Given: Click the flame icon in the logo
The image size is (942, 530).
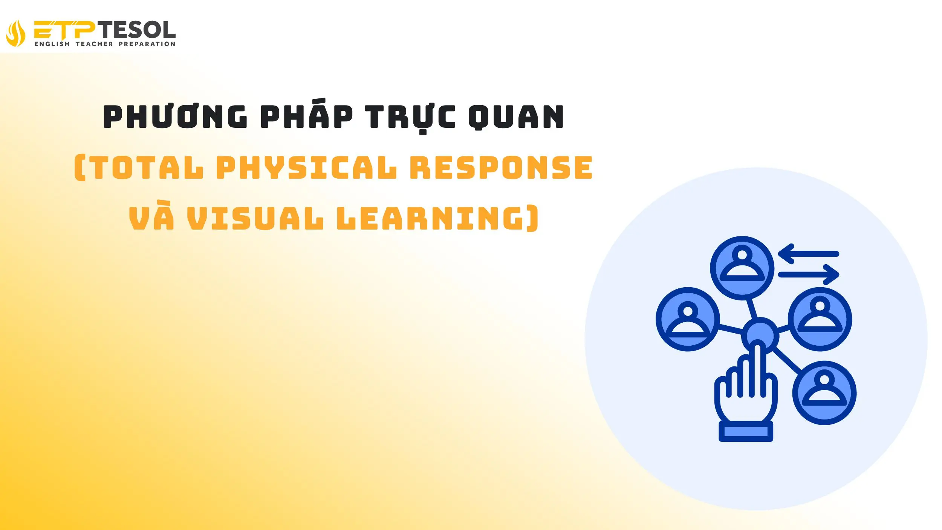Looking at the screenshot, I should [16, 33].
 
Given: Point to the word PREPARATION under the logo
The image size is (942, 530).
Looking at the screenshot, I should [147, 44].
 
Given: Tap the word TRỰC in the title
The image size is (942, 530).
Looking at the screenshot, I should [410, 116].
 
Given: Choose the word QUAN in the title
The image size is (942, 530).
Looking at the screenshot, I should [516, 116].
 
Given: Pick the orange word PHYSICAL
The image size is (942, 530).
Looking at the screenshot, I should [306, 168].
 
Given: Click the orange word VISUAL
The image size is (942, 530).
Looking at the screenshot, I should [255, 218].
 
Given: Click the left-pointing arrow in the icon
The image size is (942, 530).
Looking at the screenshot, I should [808, 254].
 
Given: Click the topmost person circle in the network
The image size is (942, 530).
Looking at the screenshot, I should [742, 268].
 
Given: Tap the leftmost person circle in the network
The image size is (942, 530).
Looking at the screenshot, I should [688, 319].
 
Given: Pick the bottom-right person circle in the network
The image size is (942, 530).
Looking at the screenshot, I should [824, 393].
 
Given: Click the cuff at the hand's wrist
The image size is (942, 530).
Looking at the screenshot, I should [746, 431].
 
